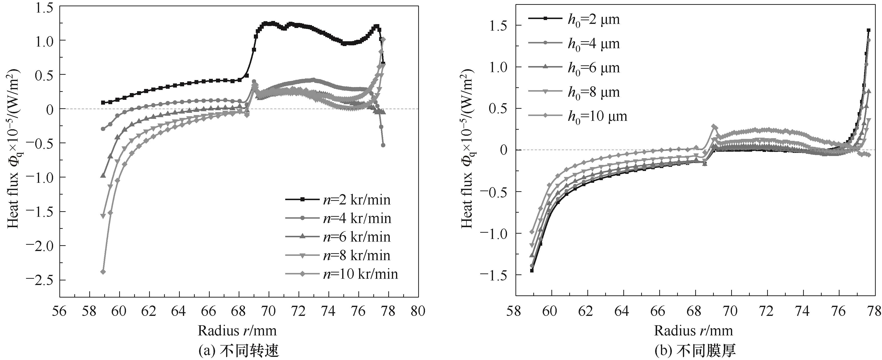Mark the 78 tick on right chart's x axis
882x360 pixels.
(x=875, y=311)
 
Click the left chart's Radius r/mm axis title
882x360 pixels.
(x=237, y=331)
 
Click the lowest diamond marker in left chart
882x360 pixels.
(x=103, y=272)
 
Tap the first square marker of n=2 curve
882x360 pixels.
(x=103, y=102)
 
